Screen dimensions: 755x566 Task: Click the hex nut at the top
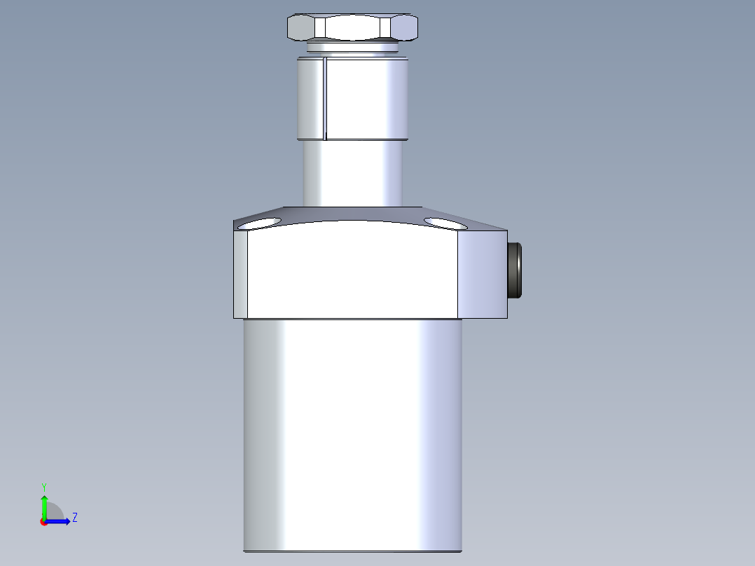click(x=352, y=27)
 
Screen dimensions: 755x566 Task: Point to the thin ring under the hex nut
click(x=352, y=47)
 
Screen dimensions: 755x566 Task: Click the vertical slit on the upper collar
click(x=325, y=99)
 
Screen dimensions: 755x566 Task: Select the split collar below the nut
click(x=352, y=99)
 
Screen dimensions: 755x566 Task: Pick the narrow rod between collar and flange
click(x=352, y=174)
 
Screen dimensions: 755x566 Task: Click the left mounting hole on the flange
click(x=259, y=223)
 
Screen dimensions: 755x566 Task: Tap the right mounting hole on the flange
click(x=445, y=223)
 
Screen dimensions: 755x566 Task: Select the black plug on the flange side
click(x=515, y=270)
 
